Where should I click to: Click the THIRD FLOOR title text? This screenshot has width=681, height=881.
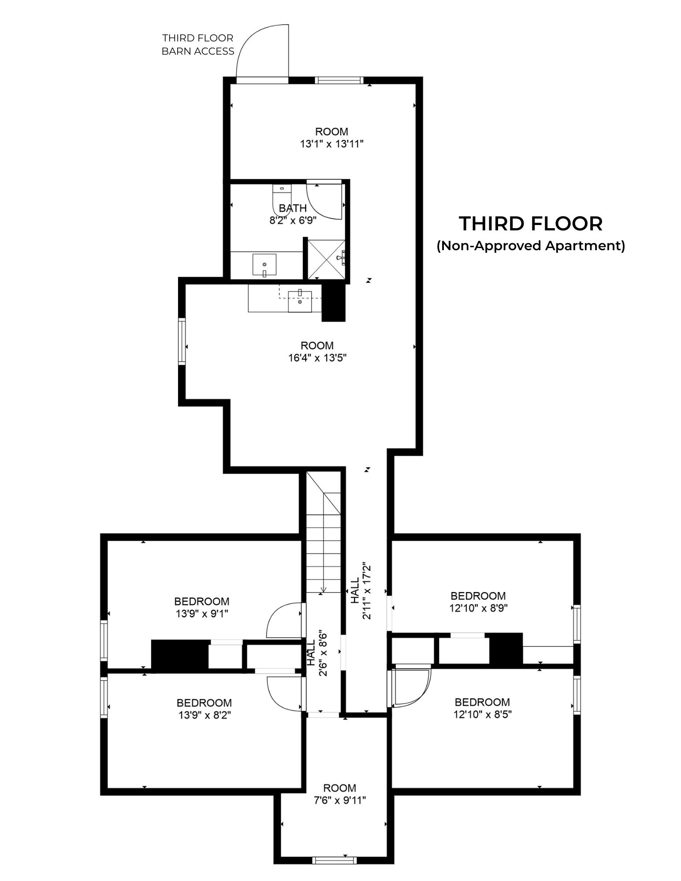tap(531, 224)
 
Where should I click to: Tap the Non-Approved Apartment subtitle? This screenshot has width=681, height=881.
tap(531, 245)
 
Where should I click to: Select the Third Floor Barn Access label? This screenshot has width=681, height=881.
tap(197, 44)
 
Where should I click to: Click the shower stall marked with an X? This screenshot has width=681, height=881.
tap(326, 259)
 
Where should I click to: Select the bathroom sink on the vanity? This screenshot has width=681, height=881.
tap(264, 264)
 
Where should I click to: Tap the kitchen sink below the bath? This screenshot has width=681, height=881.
tap(300, 301)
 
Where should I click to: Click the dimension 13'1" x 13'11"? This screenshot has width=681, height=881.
tap(331, 144)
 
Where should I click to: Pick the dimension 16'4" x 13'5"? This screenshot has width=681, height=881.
tap(317, 358)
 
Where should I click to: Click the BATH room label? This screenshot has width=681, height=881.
tap(293, 208)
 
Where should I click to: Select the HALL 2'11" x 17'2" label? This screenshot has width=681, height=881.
tap(361, 591)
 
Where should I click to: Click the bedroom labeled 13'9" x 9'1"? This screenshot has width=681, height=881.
tap(201, 607)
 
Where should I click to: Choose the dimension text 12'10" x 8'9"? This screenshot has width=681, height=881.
tap(478, 608)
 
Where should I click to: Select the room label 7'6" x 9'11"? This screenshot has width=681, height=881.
tap(339, 793)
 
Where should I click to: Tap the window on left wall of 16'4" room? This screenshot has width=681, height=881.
tap(182, 341)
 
